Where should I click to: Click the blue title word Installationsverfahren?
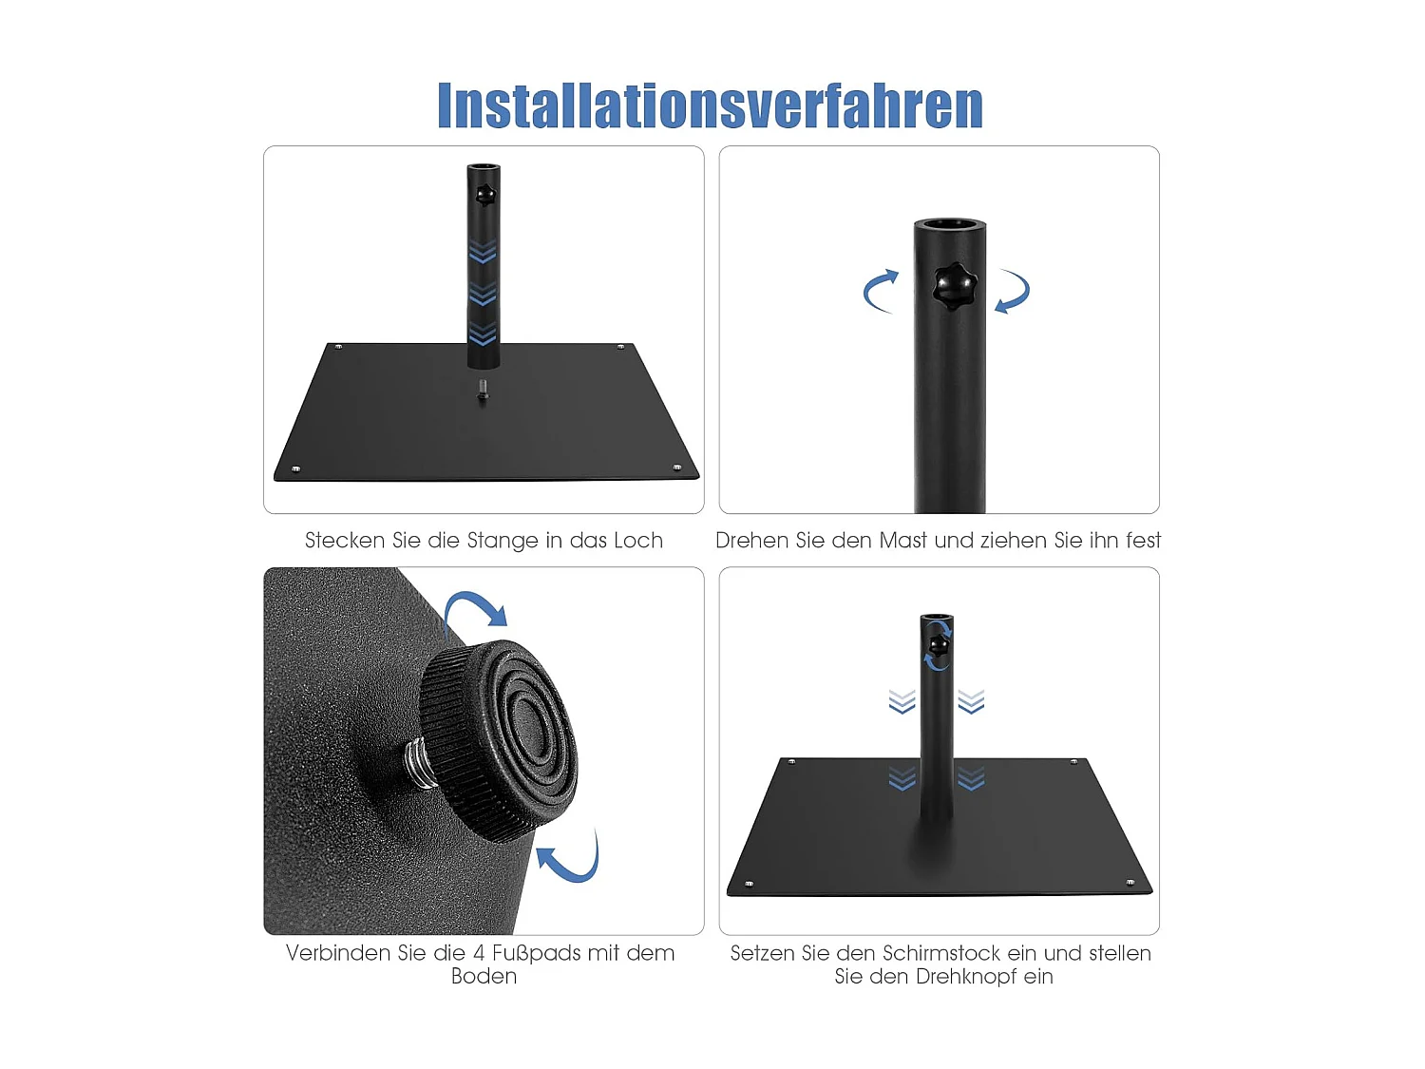point(710,105)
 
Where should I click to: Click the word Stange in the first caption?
point(503,541)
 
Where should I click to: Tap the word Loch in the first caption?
point(637,541)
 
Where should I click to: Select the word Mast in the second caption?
point(902,541)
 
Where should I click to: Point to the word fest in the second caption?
point(1143,541)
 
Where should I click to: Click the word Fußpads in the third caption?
point(556,953)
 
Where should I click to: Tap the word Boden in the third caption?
point(484,977)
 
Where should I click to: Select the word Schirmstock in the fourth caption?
point(940,953)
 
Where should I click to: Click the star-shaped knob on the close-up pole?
point(954,287)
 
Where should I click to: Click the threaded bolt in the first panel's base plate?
point(483,390)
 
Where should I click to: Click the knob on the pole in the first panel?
point(485,195)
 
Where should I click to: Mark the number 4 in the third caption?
point(480,953)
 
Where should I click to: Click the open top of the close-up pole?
point(950,225)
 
